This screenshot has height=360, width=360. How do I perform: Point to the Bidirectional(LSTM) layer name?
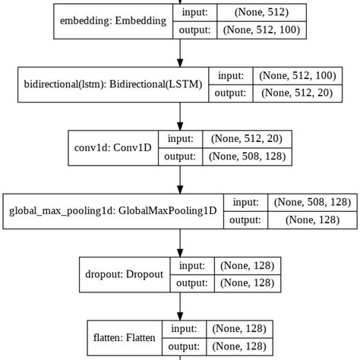point(113,85)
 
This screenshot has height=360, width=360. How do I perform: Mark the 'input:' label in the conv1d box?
point(181,139)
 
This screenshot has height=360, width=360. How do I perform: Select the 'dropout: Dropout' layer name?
point(125,275)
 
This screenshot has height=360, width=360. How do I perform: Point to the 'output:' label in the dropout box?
point(191,283)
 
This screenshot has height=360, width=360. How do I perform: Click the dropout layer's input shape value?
point(247,266)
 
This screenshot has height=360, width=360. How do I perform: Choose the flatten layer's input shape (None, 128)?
point(240,329)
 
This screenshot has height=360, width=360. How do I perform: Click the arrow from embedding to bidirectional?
point(180,53)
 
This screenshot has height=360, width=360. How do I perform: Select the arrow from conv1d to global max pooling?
point(180,180)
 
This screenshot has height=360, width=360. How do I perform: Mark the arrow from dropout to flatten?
point(180,306)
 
